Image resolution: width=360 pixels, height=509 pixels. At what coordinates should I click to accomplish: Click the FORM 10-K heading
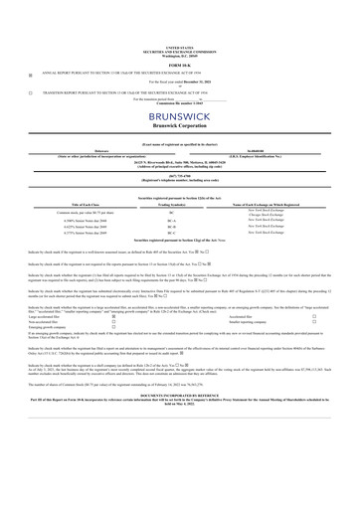(180, 66)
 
